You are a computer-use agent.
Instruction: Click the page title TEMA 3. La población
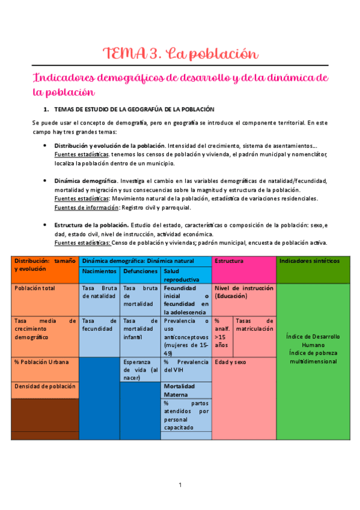pyautogui.click(x=180, y=54)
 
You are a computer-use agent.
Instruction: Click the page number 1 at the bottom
pyautogui.click(x=180, y=485)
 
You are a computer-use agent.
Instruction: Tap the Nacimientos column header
pyautogui.click(x=99, y=271)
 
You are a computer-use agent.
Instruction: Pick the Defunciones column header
pyautogui.click(x=140, y=271)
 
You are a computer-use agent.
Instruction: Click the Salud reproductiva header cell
pyautogui.click(x=186, y=275)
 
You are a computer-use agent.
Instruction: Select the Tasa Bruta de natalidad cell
pyautogui.click(x=99, y=292)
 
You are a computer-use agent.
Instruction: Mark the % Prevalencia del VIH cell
pyautogui.click(x=186, y=366)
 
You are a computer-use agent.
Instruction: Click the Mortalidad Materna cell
pyautogui.click(x=186, y=390)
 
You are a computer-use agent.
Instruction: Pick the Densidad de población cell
pyautogui.click(x=44, y=386)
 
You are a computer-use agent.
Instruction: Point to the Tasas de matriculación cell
pyautogui.click(x=254, y=325)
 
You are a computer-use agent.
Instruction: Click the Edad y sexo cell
pyautogui.click(x=231, y=362)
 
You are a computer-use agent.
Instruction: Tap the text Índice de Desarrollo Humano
pyautogui.click(x=313, y=340)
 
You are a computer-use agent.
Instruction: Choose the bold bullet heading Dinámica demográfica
pyautogui.click(x=85, y=180)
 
